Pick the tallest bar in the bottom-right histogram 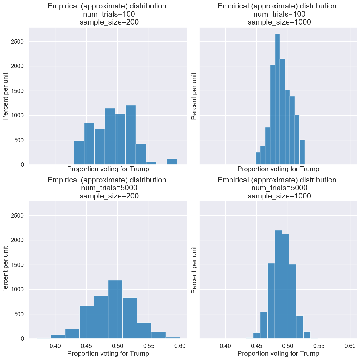[x=278, y=284]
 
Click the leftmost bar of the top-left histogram [x=79, y=153]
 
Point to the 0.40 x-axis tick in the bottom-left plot [x=55, y=345]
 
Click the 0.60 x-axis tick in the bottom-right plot [x=350, y=345]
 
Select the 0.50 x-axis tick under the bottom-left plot [x=117, y=345]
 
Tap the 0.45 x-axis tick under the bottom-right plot [x=256, y=345]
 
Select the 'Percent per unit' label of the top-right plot [x=194, y=96]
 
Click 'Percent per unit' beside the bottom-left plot [x=5, y=270]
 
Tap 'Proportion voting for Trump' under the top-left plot [x=108, y=169]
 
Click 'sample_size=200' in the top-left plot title [x=109, y=22]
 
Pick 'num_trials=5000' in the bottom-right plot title [x=279, y=188]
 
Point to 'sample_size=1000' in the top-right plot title [x=279, y=22]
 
